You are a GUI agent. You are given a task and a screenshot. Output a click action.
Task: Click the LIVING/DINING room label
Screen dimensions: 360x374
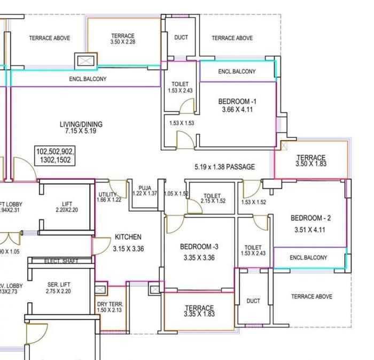coord(81,124)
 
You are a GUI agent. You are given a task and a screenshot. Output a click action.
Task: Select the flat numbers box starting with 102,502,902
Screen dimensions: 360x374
coord(55,156)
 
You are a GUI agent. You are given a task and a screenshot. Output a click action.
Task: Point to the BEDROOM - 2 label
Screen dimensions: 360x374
coord(310,218)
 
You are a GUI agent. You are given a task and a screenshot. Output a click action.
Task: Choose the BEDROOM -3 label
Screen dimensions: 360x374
coord(199,247)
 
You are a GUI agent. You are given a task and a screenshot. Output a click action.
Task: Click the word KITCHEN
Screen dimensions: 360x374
coord(128,237)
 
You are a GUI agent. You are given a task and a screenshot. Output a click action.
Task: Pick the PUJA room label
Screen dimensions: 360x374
coord(144,188)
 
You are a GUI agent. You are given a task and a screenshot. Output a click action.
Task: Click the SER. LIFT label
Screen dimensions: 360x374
coord(59,285)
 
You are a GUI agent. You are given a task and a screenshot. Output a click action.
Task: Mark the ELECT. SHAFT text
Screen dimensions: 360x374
coord(60,261)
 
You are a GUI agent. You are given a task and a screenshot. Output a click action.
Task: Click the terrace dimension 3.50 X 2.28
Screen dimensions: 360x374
coord(122,42)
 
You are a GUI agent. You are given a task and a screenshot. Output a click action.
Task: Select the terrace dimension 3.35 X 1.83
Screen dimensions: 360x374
coord(199,314)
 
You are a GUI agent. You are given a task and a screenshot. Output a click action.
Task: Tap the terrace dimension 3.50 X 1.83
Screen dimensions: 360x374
coord(311,164)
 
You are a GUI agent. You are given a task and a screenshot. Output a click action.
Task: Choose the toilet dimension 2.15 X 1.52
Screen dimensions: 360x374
coord(213,201)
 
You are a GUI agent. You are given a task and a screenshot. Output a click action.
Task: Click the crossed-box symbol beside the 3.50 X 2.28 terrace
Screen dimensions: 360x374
coord(85,60)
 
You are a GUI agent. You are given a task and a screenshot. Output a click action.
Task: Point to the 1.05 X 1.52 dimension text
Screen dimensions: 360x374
coord(176,194)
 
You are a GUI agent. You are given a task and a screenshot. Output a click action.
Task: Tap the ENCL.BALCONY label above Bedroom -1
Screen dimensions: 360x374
coord(237,72)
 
